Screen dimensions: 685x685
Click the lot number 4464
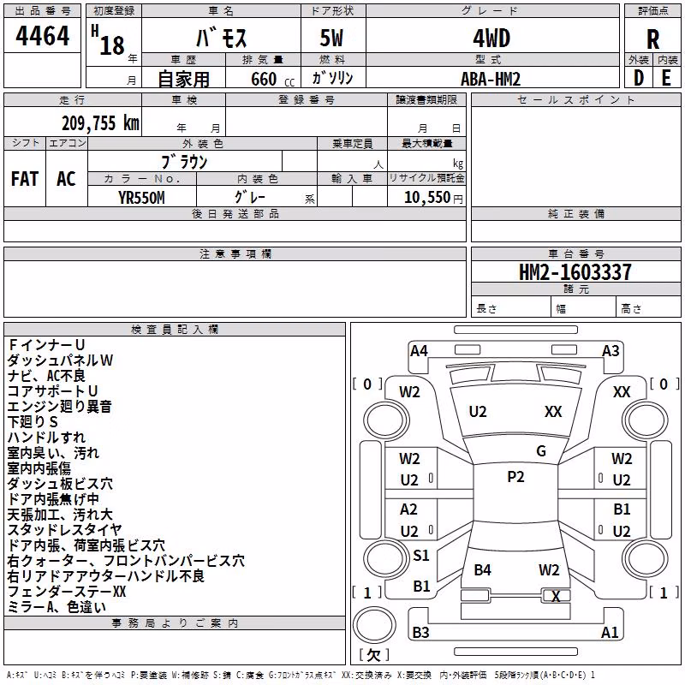pos(42,35)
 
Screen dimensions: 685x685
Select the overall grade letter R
pos(652,39)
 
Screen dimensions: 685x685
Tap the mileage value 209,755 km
pos(100,122)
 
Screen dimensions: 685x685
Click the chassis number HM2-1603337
pos(575,271)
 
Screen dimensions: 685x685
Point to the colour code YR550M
pos(141,198)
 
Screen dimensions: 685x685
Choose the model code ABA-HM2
pos(491,79)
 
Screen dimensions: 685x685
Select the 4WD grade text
pos(491,39)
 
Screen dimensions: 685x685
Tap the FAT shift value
pos(25,179)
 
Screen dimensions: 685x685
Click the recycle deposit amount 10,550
pos(427,197)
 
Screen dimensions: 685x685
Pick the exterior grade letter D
pos(638,78)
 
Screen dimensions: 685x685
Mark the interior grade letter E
pos(666,78)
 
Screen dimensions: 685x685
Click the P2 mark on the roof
pos(515,477)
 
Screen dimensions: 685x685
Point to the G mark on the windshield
pos(541,451)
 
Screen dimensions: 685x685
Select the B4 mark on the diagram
pos(482,569)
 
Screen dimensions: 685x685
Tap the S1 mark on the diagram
pos(421,555)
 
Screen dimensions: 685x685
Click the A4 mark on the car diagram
pos(419,351)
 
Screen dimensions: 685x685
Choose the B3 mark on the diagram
pos(420,632)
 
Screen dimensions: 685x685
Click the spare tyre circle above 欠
pos(374,624)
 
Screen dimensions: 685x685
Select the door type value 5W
pos(331,39)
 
